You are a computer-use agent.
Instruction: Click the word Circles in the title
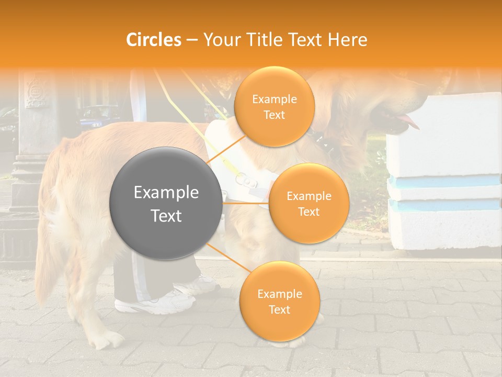154,40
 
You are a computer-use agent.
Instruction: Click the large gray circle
166,204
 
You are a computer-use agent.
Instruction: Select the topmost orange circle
274,106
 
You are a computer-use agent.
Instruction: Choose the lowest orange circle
279,301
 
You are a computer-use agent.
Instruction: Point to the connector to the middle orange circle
246,203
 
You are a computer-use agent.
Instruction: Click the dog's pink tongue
410,123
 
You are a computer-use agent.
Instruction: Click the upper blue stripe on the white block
444,181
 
